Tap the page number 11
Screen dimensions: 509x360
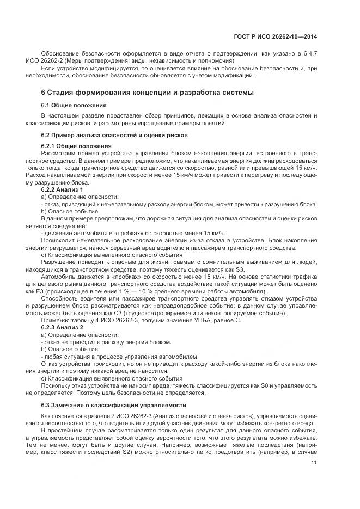314,463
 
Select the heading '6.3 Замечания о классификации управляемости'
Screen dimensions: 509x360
114,405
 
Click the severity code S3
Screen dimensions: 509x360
240,269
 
